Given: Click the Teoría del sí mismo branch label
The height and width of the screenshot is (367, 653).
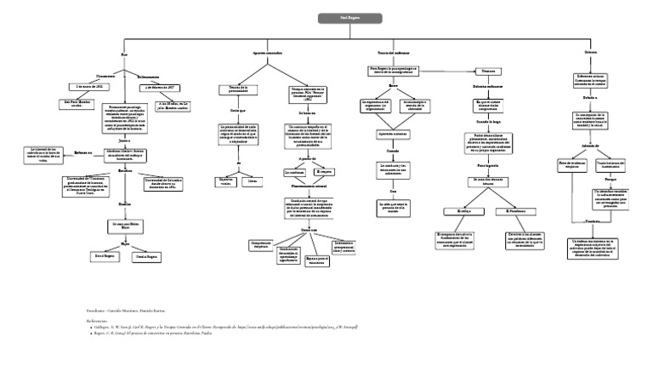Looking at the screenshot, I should (370, 54).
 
